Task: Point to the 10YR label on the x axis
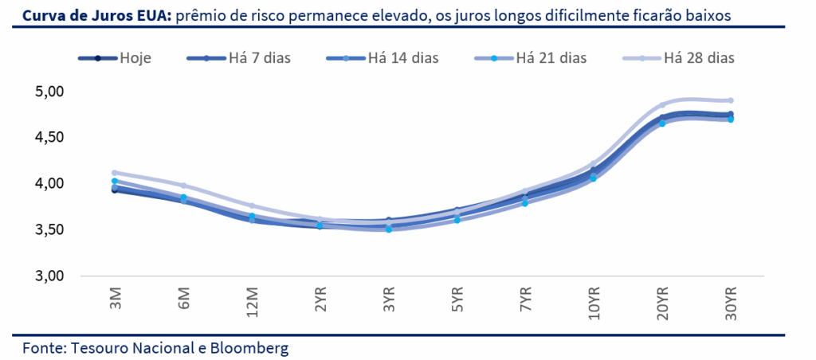(x=594, y=302)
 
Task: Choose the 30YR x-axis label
(x=730, y=302)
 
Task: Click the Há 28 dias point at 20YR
(x=662, y=105)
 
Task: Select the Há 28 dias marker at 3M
(x=116, y=172)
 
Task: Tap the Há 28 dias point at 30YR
(x=730, y=100)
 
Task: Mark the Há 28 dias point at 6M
(x=184, y=186)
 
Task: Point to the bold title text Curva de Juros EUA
(x=83, y=15)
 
